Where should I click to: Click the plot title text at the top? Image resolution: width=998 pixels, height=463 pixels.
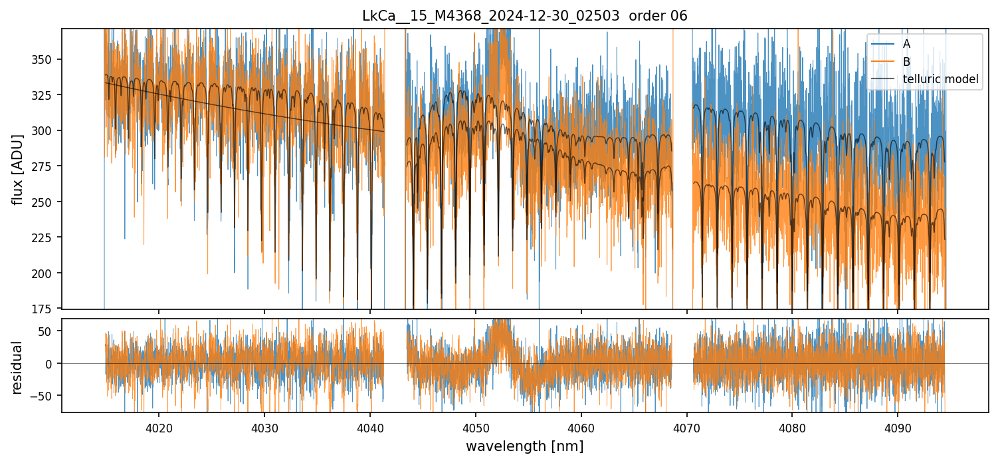coord(524,16)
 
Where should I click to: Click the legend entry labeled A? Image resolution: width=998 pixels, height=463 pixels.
coord(906,44)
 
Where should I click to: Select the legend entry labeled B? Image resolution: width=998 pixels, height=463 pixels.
coord(906,62)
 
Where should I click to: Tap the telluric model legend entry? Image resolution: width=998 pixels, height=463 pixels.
coord(940,79)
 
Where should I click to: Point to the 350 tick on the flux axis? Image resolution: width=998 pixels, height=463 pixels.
coord(48,59)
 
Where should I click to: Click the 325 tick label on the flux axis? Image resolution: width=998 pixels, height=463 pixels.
coord(48,95)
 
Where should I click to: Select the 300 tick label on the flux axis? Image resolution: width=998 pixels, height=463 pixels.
coord(48,130)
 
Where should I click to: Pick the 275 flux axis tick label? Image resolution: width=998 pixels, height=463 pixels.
coord(48,166)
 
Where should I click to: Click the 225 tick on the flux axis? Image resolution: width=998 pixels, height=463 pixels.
coord(48,237)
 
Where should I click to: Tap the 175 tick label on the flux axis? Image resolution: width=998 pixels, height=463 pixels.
coord(48,309)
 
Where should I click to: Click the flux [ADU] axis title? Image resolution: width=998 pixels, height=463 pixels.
coord(17,169)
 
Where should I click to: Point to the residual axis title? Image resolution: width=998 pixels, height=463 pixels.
coord(17,367)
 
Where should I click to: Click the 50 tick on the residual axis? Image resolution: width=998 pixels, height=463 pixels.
coord(50,331)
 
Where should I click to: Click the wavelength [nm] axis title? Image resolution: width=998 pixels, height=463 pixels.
coord(524,446)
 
